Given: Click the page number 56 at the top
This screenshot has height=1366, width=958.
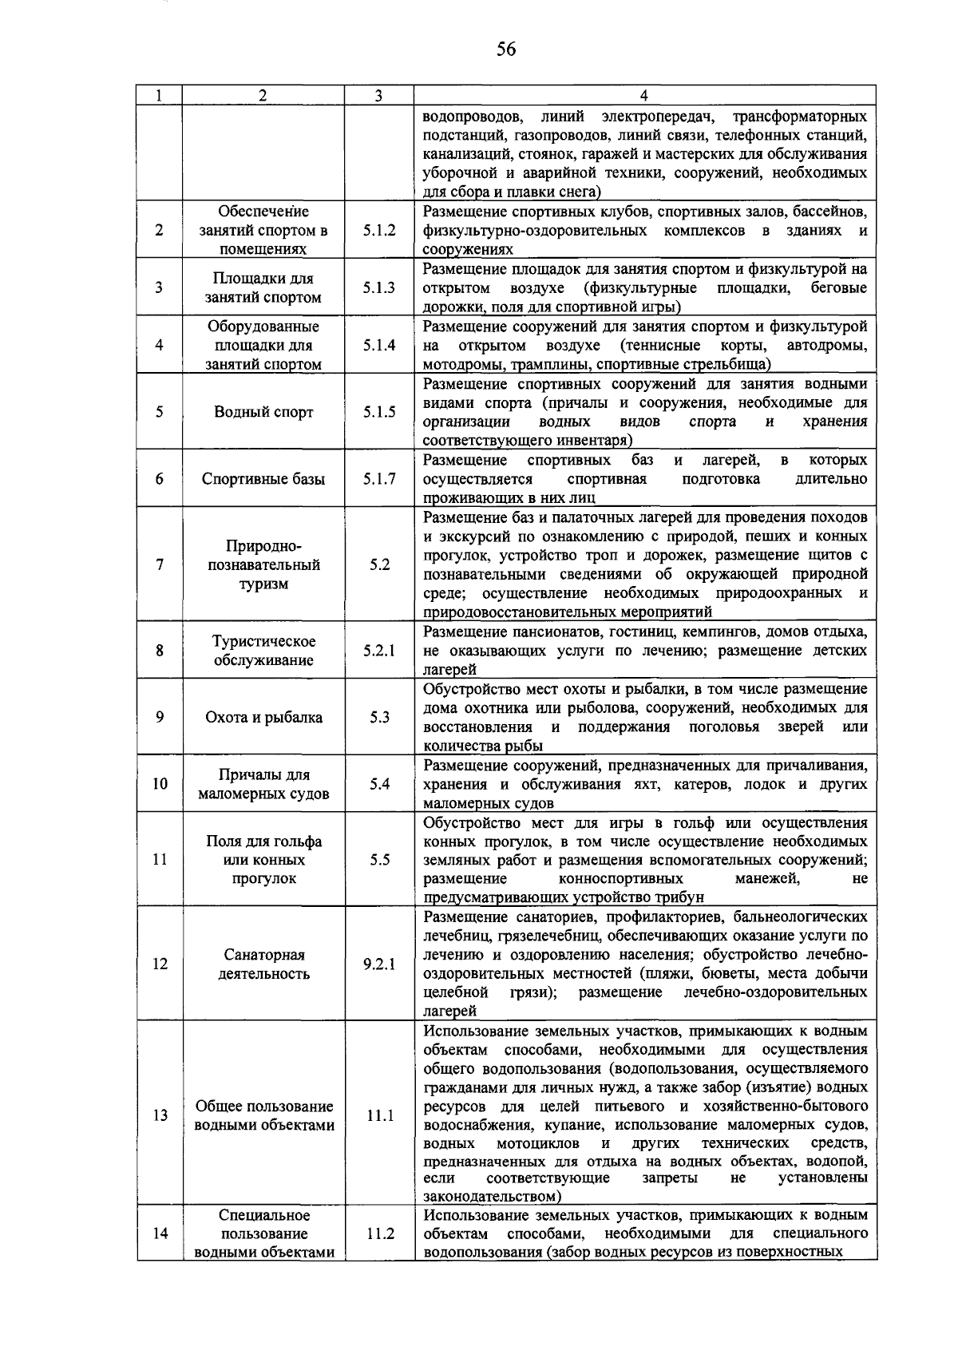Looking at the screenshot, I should point(506,50).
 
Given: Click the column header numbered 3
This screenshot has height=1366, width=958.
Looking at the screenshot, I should point(378,95).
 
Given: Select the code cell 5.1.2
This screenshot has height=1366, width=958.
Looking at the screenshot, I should point(379,230).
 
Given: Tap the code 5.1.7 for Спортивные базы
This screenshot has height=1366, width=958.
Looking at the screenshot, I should point(379,479).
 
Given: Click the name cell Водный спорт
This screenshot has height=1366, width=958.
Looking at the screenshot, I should point(263,412).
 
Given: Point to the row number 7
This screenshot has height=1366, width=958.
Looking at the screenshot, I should point(160,564).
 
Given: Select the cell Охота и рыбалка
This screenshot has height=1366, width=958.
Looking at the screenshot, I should point(263,717).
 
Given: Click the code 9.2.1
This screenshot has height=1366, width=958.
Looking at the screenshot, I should point(379,964).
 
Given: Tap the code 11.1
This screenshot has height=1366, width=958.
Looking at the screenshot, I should point(380,1115).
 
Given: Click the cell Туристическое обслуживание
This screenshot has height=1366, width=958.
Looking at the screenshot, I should point(263,651).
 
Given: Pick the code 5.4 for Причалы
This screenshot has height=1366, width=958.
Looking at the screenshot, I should point(379,784).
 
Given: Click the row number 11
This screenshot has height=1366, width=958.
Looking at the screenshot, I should point(160,860).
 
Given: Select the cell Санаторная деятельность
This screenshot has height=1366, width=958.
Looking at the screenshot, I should point(263,964).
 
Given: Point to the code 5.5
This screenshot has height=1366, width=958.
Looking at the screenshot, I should point(379,860).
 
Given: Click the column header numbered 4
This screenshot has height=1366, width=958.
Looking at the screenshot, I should point(643,95).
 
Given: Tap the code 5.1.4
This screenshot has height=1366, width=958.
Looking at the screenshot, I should point(379,346).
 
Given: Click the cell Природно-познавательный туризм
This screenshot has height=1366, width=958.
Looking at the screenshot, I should point(263,564).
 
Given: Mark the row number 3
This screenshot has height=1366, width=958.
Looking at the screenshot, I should point(160,287).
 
